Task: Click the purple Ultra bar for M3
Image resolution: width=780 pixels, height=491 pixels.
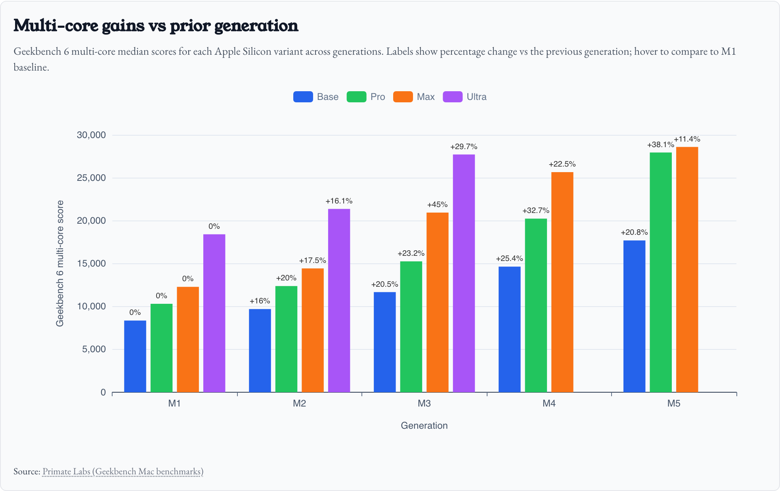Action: point(464,273)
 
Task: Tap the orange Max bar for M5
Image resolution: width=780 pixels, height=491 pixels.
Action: point(687,270)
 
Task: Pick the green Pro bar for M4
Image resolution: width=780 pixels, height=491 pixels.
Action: point(536,305)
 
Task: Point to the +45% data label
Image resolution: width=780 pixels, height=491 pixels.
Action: point(437,205)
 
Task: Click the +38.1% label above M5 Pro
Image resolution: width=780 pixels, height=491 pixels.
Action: point(660,145)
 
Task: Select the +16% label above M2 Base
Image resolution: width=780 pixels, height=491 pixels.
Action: point(260,301)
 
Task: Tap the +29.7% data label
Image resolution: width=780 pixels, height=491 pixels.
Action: point(464,147)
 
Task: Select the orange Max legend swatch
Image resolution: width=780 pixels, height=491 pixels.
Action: point(403,97)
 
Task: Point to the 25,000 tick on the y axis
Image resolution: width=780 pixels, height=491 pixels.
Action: point(91,178)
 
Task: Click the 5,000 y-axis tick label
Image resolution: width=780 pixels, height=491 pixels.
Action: point(94,349)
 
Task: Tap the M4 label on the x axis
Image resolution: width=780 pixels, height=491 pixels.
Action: point(549,404)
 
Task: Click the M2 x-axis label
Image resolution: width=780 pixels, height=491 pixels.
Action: point(299,404)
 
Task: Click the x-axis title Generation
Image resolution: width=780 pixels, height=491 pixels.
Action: point(424,426)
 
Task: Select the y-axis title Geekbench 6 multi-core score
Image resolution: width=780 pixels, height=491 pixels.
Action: point(60,263)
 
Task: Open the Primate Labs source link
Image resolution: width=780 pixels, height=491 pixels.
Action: point(123,472)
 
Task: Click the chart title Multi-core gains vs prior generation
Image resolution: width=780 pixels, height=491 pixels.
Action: point(156,25)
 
